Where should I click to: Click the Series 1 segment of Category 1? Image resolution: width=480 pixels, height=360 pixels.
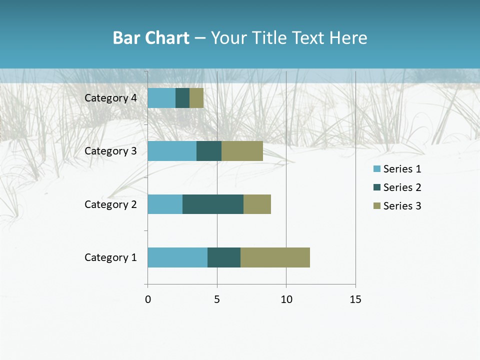point(177,257)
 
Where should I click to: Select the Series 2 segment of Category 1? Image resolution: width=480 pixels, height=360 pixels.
point(224,257)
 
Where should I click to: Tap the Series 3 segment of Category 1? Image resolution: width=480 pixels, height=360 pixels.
point(275,257)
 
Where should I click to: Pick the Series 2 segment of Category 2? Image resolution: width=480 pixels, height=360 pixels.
point(213,204)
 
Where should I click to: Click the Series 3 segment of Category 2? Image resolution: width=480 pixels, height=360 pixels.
point(257,204)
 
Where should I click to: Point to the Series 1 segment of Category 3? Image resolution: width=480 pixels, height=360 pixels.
point(172,151)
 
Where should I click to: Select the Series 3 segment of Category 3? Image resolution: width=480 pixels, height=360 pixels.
point(242,151)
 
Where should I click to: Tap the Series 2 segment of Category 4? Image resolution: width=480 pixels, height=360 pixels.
point(182,98)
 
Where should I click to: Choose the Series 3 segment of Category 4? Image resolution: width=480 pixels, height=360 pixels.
point(196,98)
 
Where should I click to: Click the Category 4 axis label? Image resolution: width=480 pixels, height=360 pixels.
point(110,98)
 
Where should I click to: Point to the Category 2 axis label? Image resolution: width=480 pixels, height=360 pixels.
point(110,204)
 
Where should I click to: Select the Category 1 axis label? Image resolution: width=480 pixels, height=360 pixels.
point(110,257)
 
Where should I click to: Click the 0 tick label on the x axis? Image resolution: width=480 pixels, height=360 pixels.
point(148,299)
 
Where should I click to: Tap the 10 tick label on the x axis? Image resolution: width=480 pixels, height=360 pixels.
point(286,299)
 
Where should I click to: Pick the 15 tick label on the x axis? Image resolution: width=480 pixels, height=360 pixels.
point(355,299)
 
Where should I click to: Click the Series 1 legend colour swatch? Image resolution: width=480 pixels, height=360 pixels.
point(377,169)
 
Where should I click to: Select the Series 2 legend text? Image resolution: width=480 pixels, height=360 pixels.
point(402,187)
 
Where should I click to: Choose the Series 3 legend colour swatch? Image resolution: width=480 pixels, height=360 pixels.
point(377,206)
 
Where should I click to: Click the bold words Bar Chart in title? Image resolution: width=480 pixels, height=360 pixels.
point(151,38)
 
